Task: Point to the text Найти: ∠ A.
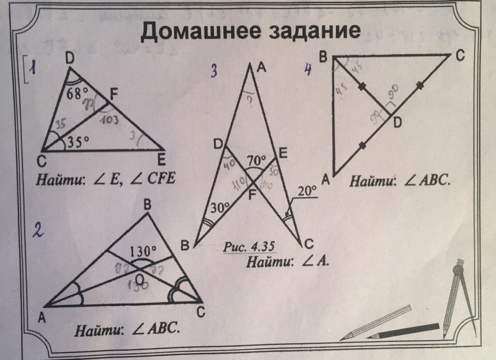[x=287, y=261]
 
